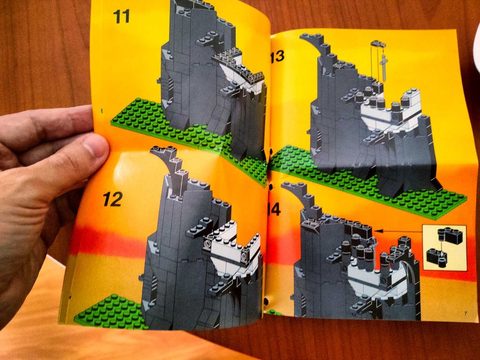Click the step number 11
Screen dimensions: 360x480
pos(121,16)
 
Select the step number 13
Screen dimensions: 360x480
pos(276,56)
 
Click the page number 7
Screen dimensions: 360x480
pos(465,313)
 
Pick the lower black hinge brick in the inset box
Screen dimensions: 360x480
pos(436,256)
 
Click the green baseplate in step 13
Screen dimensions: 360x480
pos(360,185)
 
